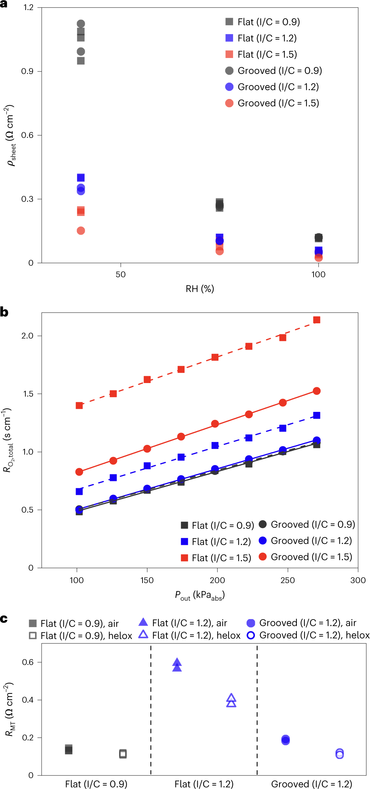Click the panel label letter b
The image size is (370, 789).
click(x=4, y=312)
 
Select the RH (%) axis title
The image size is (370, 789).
click(x=200, y=289)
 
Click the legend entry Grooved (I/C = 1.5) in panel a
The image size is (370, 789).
click(x=272, y=103)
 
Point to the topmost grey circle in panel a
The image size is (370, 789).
click(x=81, y=24)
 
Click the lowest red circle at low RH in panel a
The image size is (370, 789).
click(x=81, y=231)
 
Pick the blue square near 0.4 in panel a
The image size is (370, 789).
click(x=81, y=178)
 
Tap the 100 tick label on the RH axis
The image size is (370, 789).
click(x=318, y=274)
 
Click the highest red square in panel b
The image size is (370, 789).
click(x=317, y=320)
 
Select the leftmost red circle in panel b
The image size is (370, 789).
click(x=79, y=472)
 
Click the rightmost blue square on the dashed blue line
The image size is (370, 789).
click(x=317, y=415)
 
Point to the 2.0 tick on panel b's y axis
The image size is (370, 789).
click(x=27, y=336)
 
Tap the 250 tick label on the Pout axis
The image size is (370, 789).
click(x=287, y=580)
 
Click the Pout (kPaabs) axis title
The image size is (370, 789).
click(x=200, y=595)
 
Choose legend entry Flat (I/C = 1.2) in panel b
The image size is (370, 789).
click(x=216, y=541)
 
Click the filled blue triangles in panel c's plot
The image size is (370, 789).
click(x=177, y=665)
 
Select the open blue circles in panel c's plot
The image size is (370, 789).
click(x=339, y=754)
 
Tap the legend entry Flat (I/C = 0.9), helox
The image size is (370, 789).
click(x=80, y=636)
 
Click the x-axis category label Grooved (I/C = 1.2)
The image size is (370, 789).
click(x=311, y=784)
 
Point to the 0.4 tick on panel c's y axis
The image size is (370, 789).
click(x=27, y=700)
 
